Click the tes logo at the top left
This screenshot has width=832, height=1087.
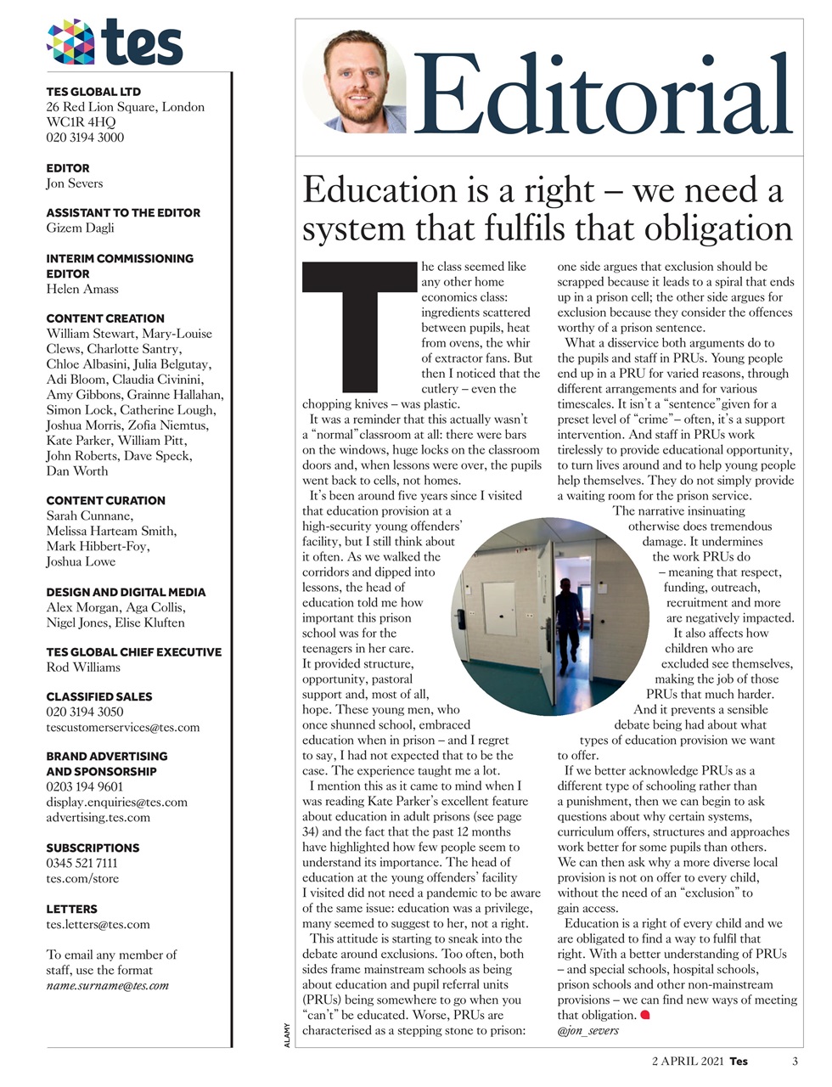115,42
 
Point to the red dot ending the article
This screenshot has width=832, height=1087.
644,1015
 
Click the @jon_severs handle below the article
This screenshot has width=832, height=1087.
587,1031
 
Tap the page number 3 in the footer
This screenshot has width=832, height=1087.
795,1061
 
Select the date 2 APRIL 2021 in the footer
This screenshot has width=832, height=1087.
688,1061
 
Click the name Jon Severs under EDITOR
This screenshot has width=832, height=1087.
74,183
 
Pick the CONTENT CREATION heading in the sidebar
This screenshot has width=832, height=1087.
105,318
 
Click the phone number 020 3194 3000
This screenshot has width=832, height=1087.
85,138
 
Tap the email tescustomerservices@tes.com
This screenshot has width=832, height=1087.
122,727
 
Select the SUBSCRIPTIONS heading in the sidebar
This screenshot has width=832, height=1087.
93,848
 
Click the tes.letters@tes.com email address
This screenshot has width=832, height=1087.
98,924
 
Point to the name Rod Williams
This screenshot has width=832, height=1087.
83,667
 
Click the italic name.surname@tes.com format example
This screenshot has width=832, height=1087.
107,986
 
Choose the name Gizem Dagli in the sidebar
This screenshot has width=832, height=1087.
80,228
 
